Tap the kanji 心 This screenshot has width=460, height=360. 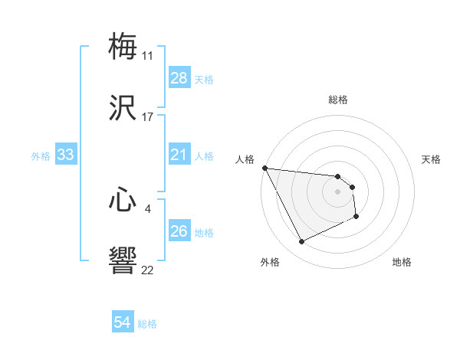(x=123, y=201)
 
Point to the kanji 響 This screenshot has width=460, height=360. (x=123, y=260)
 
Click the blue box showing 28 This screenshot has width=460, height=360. (x=179, y=78)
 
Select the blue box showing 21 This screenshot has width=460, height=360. (x=179, y=155)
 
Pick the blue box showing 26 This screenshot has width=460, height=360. (x=179, y=232)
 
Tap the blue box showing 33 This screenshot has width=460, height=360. (x=66, y=155)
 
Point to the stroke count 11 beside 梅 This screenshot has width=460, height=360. (x=147, y=56)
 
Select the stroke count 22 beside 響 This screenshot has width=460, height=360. (x=147, y=270)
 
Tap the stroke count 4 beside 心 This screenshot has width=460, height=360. (x=147, y=208)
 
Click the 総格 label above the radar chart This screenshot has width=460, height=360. (x=338, y=100)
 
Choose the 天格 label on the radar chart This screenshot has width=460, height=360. (x=432, y=159)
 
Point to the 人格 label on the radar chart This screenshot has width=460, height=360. (x=245, y=159)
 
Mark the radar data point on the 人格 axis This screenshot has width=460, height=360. (x=265, y=168)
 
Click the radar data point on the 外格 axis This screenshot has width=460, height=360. (x=301, y=242)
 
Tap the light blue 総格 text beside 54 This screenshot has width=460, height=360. (x=147, y=324)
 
